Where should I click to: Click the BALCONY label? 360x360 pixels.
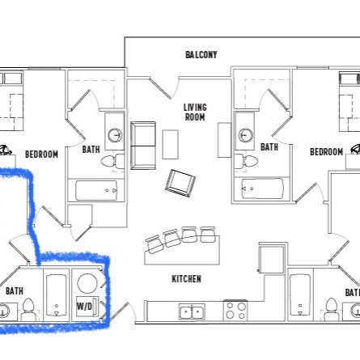pos(201,55)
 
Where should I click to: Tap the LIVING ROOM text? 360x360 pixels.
pos(195,112)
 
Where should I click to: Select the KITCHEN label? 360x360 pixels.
pos(187,279)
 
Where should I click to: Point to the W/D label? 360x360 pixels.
pos(84,306)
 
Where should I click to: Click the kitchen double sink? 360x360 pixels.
pos(192,312)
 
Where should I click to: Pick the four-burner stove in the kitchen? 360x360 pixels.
pos(235,310)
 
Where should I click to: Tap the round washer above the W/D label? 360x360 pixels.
pos(87,283)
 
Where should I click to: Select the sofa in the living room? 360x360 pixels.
pos(143,146)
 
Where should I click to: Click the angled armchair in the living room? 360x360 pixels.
pos(180,183)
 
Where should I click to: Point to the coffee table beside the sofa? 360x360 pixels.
pos(170,145)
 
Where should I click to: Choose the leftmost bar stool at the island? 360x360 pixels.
pos(154,244)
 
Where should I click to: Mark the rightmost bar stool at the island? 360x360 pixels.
pos(208,235)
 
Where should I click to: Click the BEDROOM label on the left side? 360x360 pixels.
pos(41,155)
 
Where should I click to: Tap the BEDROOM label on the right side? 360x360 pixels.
pos(326,152)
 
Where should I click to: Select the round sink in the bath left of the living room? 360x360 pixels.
pos(115,135)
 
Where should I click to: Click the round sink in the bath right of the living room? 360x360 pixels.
pos(246,135)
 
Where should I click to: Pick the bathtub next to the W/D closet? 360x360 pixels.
pos(57,295)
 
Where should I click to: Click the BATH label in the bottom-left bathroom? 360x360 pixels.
pos(15,291)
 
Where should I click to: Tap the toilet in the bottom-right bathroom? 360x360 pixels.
pos(332,309)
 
